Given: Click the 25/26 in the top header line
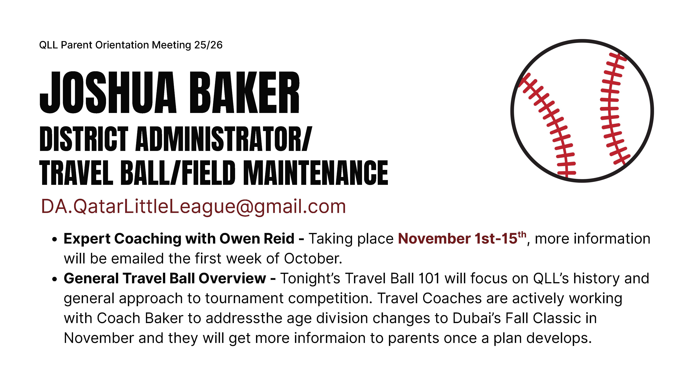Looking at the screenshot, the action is tap(208, 45).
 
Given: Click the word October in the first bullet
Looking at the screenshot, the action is tap(313, 259).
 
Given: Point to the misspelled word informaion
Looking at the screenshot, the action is tap(330, 338).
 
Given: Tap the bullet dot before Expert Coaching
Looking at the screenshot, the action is tap(55, 240).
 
